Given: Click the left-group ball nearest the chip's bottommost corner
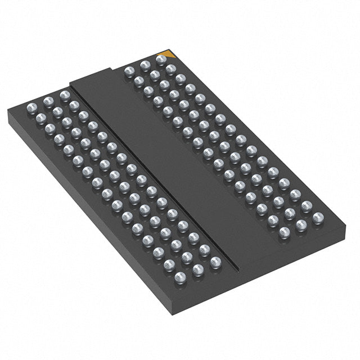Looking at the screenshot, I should (180, 276).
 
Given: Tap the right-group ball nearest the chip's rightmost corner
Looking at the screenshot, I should (318, 218).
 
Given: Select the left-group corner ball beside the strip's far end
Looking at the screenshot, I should (65, 95).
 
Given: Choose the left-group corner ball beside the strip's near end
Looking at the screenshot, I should (215, 262).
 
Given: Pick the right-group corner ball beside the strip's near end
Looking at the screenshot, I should (285, 232).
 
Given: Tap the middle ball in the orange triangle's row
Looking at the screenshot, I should (145, 65).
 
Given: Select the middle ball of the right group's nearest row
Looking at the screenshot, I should (301, 225).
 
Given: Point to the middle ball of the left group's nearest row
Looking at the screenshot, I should (197, 269).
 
